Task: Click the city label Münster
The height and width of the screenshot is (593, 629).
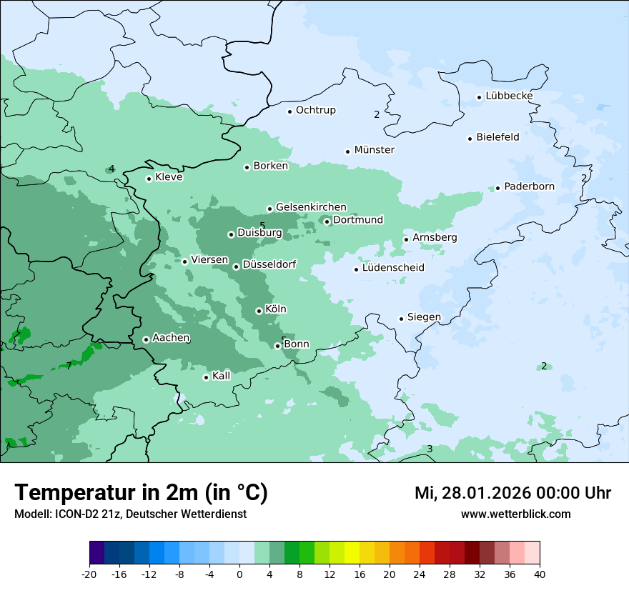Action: click(x=374, y=150)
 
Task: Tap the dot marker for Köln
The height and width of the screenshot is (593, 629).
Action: click(x=259, y=311)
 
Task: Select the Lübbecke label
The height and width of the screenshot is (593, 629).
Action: click(x=509, y=96)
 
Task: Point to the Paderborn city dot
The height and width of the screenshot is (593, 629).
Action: click(x=498, y=188)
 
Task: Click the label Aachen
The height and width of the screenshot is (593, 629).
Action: click(x=171, y=338)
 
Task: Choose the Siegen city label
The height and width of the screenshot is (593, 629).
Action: click(x=424, y=317)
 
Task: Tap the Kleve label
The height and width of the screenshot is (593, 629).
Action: click(x=169, y=177)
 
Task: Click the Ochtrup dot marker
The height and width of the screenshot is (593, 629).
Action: click(x=290, y=111)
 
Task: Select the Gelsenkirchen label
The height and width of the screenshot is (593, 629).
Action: click(x=311, y=207)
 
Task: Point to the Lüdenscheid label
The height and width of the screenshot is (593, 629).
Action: click(x=393, y=268)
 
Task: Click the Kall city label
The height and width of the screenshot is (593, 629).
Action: click(x=221, y=376)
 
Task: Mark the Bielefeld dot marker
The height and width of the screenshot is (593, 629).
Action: click(x=470, y=139)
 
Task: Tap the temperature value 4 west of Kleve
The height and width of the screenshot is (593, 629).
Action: click(x=112, y=169)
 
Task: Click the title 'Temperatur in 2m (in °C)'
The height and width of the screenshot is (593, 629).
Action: click(x=142, y=492)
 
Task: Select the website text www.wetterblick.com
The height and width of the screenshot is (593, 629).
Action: click(x=515, y=514)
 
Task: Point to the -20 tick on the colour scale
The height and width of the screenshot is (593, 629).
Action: click(x=89, y=574)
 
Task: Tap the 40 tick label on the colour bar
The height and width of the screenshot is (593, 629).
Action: click(x=540, y=574)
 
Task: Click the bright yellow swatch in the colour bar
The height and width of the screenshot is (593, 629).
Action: click(x=352, y=553)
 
